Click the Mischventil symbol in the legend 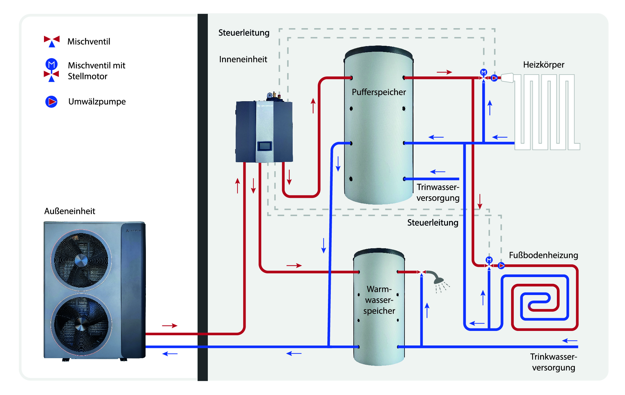pos(52,41)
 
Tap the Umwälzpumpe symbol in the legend pos(51,102)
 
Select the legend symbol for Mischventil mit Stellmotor pos(52,70)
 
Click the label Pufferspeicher pos(378,92)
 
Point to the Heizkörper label pos(544,65)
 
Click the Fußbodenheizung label pos(543,255)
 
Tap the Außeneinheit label pos(70,211)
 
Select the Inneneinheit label pos(243,59)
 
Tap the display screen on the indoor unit pos(264,146)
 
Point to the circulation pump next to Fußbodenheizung pos(501,266)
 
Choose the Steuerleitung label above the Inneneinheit pos(244,33)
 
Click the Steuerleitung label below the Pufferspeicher pos(433,223)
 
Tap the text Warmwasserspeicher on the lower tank pos(379,300)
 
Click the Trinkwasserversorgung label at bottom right pos(553,362)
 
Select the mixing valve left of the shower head pos(421,272)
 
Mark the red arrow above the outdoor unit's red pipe pos(170,326)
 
